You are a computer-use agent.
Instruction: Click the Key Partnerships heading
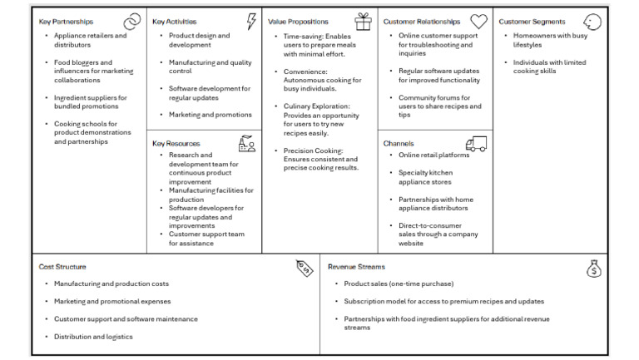pos(66,22)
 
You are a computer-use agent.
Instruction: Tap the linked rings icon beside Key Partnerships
pos(131,22)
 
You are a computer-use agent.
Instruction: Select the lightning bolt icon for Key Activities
pos(251,22)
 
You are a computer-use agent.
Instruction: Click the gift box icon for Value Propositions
pos(363,22)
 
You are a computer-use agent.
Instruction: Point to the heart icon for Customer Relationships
pos(478,22)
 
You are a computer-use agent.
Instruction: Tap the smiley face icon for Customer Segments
pos(592,22)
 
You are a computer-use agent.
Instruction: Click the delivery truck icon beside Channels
pos(476,144)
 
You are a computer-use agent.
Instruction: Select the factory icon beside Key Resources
pos(246,143)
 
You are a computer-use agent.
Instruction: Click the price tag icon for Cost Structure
pos(305,268)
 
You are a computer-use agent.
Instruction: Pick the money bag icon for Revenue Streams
pos(593,269)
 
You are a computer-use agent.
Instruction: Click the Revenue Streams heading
pos(356,267)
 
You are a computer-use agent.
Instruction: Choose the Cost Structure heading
pos(63,267)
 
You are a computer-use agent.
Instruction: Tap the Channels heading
pos(399,143)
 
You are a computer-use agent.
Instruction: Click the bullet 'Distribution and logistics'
pos(93,337)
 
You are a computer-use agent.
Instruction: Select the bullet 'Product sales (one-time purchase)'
pos(399,284)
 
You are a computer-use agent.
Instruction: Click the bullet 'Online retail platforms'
pos(433,155)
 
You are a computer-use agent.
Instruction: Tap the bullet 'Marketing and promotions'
pos(210,115)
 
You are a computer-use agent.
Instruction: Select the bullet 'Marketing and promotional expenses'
pos(112,301)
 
